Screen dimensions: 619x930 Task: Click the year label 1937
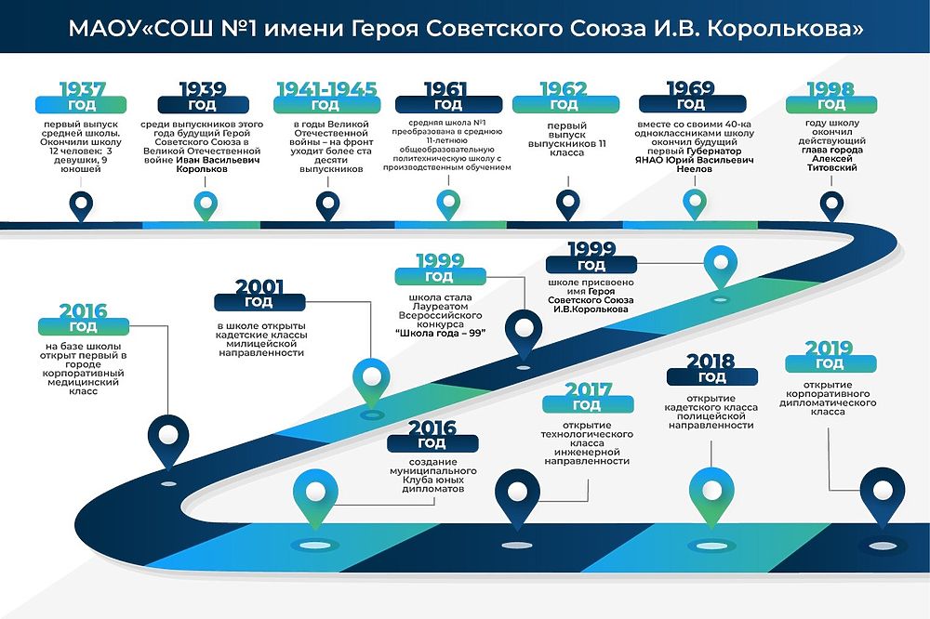[x=82, y=90]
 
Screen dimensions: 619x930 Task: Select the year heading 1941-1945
[x=326, y=90]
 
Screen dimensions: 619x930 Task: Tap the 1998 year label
[x=830, y=90]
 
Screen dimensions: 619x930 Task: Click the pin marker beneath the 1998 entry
[x=830, y=203]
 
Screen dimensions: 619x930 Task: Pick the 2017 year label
[x=587, y=390]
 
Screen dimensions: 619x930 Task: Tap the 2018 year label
[x=711, y=362]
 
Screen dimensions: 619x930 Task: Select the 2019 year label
[x=830, y=349]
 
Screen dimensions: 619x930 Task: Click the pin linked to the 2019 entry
[x=880, y=489]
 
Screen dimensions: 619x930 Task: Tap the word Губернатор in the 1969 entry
[x=724, y=150]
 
